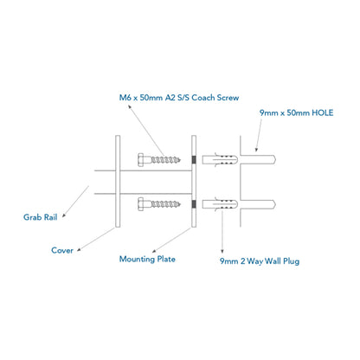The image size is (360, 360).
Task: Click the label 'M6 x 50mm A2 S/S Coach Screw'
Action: click(179, 98)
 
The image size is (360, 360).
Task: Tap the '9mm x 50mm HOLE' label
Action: click(296, 112)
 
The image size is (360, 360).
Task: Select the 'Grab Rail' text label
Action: click(40, 217)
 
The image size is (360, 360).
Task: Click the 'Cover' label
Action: click(62, 250)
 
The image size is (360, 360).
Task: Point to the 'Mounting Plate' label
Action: click(147, 259)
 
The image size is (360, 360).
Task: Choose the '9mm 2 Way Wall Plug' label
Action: click(260, 261)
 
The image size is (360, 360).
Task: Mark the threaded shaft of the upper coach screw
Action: click(165, 159)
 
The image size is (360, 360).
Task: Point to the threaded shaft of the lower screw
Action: click(165, 204)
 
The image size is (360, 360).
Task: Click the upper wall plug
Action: click(220, 160)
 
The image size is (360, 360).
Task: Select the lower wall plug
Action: click(220, 204)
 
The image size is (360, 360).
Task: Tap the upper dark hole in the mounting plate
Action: click(194, 159)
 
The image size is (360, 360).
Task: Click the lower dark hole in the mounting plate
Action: click(194, 204)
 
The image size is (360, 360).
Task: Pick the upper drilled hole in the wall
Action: click(258, 160)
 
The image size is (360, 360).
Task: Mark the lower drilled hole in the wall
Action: click(258, 204)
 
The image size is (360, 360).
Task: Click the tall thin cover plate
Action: click(118, 181)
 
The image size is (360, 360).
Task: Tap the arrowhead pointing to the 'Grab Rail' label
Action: click(64, 215)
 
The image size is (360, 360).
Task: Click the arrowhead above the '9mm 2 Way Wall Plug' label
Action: click(222, 252)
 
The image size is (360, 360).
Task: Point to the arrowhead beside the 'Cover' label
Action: click(79, 249)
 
